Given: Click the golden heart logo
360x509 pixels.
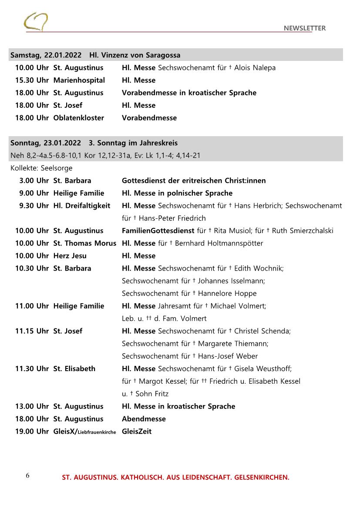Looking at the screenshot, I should point(36,21).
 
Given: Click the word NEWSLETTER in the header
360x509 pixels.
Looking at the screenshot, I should point(304,28).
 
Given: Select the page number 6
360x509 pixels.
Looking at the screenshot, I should point(27,475).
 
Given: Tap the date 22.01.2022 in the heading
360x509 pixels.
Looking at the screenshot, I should point(63,55).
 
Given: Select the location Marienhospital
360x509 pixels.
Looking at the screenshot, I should point(79,80).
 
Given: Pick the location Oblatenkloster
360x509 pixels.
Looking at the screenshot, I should point(78,118).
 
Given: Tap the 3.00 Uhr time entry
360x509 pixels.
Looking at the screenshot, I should point(34,181).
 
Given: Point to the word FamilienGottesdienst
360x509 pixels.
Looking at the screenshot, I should point(158,231).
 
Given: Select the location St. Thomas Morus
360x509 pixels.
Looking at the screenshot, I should point(84,243).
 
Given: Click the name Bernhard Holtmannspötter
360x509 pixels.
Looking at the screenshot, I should point(219,243).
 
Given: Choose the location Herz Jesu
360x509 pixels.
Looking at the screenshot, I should point(70,256).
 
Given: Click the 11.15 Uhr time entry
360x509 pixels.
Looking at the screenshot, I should point(32,331).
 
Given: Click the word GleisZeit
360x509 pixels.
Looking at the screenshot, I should point(137,432).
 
